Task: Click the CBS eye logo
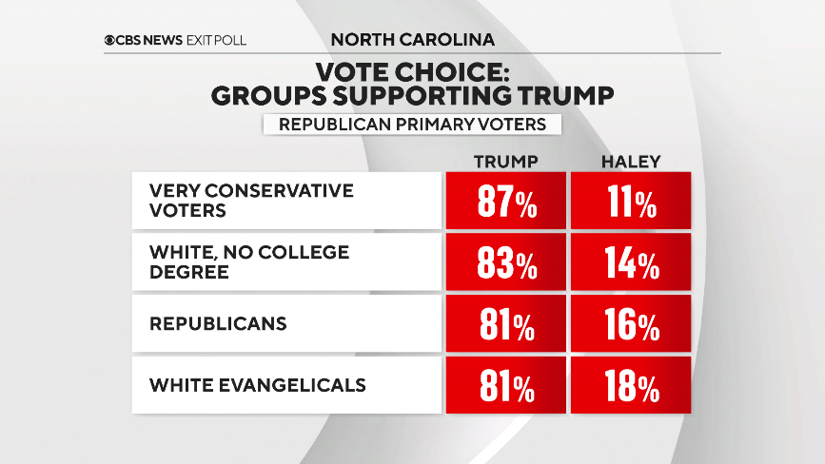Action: pyautogui.click(x=111, y=40)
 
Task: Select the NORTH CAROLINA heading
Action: pyautogui.click(x=413, y=40)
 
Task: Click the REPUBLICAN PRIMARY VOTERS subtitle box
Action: pyautogui.click(x=412, y=125)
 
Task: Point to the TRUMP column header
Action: pyautogui.click(x=505, y=161)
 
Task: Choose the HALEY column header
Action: pyautogui.click(x=630, y=161)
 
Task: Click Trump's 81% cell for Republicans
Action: pyautogui.click(x=505, y=325)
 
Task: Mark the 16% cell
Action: pyautogui.click(x=630, y=325)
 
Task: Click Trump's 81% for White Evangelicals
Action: pyautogui.click(x=505, y=386)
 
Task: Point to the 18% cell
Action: pyautogui.click(x=630, y=386)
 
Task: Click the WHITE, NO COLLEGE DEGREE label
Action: pyautogui.click(x=249, y=261)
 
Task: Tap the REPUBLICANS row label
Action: pyautogui.click(x=218, y=323)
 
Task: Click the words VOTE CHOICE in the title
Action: pyautogui.click(x=411, y=73)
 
